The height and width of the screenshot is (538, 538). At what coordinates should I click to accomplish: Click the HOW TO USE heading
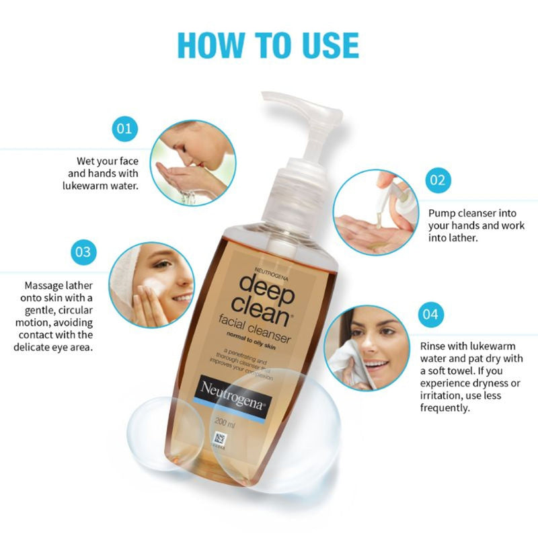tap(268, 44)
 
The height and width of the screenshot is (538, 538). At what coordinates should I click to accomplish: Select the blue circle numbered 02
tap(438, 180)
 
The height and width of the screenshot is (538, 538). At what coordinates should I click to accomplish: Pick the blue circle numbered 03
tap(83, 252)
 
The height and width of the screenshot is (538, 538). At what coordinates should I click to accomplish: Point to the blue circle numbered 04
tap(430, 314)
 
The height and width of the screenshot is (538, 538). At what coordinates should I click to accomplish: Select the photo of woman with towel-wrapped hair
tap(151, 284)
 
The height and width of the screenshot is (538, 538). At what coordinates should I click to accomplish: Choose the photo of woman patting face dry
tap(367, 348)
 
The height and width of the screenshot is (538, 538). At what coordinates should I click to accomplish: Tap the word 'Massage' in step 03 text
tap(45, 285)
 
